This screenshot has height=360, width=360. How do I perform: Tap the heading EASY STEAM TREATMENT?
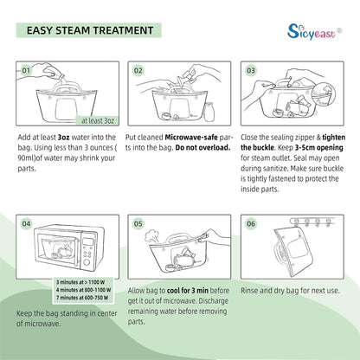point(90,30)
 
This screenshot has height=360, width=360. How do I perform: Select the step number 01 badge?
point(26,70)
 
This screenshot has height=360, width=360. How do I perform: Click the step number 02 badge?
point(138,70)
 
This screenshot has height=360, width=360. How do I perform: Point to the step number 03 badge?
point(251,70)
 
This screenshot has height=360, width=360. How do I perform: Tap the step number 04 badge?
point(26,223)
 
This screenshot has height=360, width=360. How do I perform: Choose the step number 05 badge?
point(138,223)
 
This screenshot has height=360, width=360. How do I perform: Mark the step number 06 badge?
point(251,223)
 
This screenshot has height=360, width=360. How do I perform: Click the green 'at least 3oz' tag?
point(98,120)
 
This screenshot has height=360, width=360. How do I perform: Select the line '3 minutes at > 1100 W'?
point(80,282)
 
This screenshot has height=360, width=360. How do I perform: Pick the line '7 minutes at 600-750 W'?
point(82,298)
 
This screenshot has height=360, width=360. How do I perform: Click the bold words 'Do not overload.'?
point(202,148)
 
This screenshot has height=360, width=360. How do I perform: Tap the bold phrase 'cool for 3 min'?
point(188,291)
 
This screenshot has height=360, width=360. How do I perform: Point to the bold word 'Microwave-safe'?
point(191,138)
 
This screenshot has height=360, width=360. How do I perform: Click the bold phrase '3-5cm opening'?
point(318,148)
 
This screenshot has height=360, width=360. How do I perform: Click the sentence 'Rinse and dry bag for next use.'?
point(290,291)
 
